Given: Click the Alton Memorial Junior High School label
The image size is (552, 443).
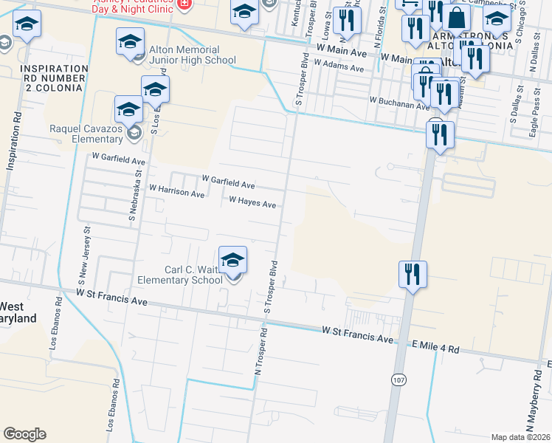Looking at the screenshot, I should click(192, 55).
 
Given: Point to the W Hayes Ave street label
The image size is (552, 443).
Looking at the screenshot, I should click(252, 202).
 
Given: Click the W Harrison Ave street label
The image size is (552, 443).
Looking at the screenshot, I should click(176, 190).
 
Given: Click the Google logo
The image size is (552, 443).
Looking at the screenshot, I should click(24, 434).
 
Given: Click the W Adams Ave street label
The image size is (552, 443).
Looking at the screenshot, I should click(339, 66).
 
